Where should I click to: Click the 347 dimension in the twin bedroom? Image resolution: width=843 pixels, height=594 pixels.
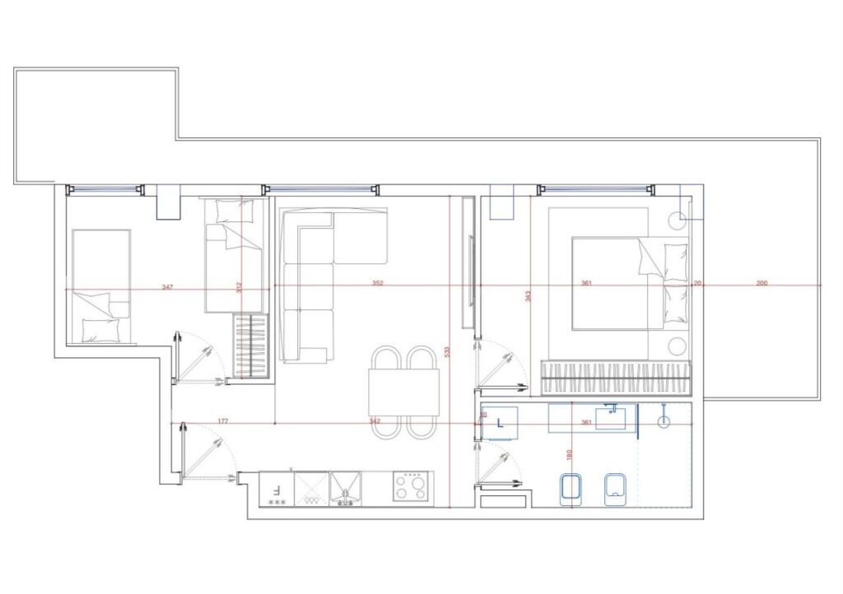[167, 287]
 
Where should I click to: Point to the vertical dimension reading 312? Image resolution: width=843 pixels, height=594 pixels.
[240, 287]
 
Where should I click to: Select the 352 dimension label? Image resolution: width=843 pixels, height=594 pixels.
[377, 284]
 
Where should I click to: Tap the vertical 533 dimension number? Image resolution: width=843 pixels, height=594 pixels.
[448, 351]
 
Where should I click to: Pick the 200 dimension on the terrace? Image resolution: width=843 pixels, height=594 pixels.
[761, 283]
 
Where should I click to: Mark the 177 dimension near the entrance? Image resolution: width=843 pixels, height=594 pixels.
[223, 421]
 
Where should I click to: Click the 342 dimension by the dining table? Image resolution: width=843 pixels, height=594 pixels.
[375, 421]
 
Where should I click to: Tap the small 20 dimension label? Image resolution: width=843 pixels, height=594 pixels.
[697, 283]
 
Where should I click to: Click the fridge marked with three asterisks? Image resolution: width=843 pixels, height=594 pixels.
[276, 489]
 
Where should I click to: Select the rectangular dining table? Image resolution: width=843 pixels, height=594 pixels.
[403, 392]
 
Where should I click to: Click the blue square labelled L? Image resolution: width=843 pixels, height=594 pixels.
[500, 423]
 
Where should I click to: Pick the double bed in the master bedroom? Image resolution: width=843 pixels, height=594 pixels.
[627, 283]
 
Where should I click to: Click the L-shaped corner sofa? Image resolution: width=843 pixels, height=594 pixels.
[321, 271]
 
